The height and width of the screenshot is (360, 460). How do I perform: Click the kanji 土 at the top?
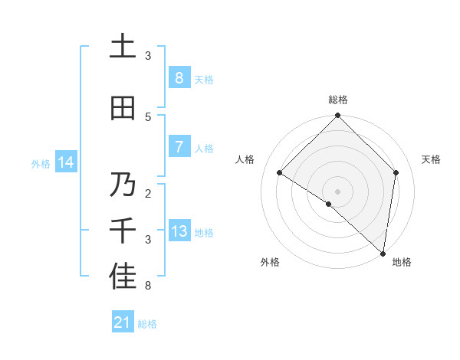click(x=123, y=47)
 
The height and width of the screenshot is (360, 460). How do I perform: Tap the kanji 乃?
click(x=123, y=185)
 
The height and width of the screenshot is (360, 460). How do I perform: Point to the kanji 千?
click(x=123, y=231)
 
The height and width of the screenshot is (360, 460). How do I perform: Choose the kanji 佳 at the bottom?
click(x=123, y=278)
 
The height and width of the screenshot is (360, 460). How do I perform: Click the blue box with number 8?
click(x=179, y=77)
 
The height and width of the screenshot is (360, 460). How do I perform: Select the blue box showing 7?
click(x=179, y=147)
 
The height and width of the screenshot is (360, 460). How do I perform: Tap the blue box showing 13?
click(x=179, y=231)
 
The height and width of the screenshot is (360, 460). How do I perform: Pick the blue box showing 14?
click(x=66, y=162)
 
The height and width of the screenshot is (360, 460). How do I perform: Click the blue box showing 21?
click(x=123, y=322)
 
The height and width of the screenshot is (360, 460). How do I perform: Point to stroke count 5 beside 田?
click(x=148, y=116)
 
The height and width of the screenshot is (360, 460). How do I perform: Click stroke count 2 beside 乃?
click(x=148, y=193)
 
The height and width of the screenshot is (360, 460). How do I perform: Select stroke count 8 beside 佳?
click(x=148, y=286)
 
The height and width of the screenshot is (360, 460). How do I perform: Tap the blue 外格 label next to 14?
click(x=40, y=163)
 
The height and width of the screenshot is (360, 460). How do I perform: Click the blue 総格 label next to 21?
click(x=147, y=324)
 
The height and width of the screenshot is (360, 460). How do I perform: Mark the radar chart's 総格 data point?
click(x=337, y=116)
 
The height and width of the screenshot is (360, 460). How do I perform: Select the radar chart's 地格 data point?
click(x=383, y=253)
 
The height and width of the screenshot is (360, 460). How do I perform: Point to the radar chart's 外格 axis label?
click(x=270, y=263)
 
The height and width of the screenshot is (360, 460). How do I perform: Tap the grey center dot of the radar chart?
click(x=337, y=191)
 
